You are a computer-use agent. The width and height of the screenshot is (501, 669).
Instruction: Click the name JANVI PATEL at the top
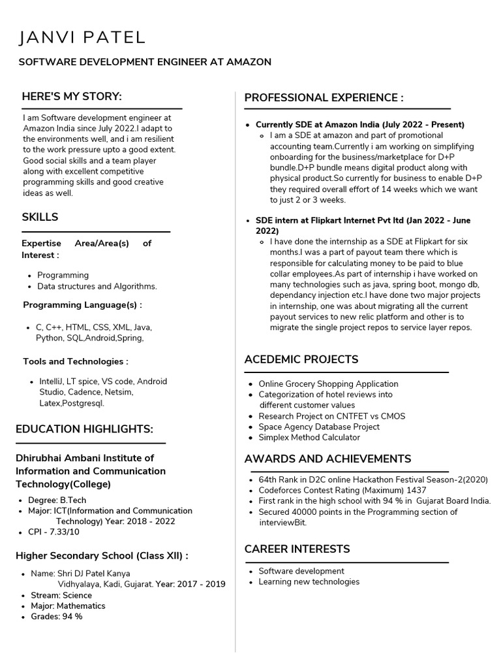pyautogui.click(x=82, y=37)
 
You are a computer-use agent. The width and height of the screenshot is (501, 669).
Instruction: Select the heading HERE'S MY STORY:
pyautogui.click(x=72, y=97)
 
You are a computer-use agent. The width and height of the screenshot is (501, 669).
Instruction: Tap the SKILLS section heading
pyautogui.click(x=40, y=217)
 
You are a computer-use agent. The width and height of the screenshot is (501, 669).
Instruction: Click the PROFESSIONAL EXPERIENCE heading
pyautogui.click(x=324, y=98)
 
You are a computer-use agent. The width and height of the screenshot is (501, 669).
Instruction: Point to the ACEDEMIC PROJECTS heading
pyautogui.click(x=301, y=359)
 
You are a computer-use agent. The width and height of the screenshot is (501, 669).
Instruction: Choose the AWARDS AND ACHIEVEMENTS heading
pyautogui.click(x=327, y=459)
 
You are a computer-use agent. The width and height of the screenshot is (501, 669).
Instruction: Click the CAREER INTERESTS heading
pyautogui.click(x=297, y=549)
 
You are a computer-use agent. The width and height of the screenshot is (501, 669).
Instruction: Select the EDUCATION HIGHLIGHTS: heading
pyautogui.click(x=84, y=429)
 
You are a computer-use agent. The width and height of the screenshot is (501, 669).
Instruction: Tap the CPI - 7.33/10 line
pyautogui.click(x=53, y=532)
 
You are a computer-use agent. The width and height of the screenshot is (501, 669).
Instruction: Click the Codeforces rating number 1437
pyautogui.click(x=416, y=490)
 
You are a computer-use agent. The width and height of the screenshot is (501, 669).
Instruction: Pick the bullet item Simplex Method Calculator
pyautogui.click(x=309, y=437)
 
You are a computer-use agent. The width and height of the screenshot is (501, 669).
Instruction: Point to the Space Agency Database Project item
pyautogui.click(x=319, y=427)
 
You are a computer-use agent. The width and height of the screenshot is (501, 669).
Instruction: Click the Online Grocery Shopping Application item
pyautogui.click(x=328, y=383)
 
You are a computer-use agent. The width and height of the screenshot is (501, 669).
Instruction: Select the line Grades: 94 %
pyautogui.click(x=56, y=616)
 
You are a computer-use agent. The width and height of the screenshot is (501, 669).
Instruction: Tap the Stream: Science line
pyautogui.click(x=61, y=595)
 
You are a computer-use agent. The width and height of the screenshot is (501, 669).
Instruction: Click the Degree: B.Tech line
pyautogui.click(x=57, y=500)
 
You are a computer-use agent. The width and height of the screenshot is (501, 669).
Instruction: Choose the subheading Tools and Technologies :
pyautogui.click(x=76, y=361)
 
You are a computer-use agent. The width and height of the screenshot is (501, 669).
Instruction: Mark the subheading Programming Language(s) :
pyautogui.click(x=82, y=305)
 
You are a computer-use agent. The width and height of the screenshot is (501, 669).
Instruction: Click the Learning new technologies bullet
pyautogui.click(x=309, y=581)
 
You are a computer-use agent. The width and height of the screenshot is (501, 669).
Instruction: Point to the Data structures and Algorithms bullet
pyautogui.click(x=97, y=286)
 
